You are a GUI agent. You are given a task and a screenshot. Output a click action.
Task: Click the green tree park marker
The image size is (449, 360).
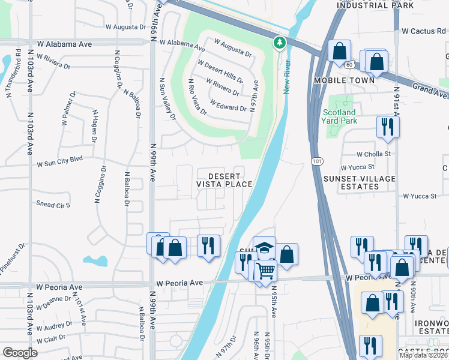(279, 43)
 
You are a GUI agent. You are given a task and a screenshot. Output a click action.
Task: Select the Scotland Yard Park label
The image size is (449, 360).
(339, 116)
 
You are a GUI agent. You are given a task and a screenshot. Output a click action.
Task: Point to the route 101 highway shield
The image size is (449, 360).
(317, 161)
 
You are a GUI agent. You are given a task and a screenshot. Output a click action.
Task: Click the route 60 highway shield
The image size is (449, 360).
(348, 63)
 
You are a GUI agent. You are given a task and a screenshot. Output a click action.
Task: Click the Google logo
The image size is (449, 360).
(20, 353)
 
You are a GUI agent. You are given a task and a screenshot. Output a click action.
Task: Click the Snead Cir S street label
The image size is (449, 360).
(53, 205)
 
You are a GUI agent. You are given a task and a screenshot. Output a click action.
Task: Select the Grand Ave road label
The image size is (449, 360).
(430, 91)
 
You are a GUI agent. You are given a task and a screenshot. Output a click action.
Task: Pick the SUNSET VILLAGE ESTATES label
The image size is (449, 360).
(360, 182)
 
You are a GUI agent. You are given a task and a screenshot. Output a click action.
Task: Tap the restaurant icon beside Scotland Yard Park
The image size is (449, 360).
(387, 127)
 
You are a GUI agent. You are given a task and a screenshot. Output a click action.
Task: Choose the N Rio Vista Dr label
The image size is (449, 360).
(197, 97)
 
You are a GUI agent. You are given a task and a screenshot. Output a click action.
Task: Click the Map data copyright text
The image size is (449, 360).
(424, 355)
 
